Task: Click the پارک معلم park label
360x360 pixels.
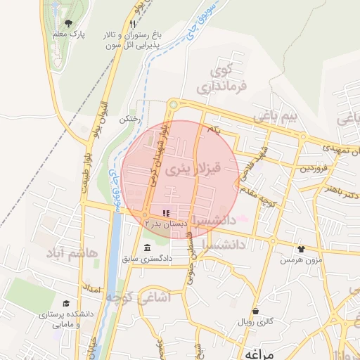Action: pos(68,34)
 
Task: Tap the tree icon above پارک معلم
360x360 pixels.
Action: pos(68,22)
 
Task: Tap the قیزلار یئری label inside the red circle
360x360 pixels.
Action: pos(198,169)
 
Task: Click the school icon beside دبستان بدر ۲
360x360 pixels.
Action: pos(167,212)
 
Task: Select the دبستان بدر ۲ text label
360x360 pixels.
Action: pos(166,223)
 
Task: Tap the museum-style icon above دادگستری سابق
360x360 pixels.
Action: pos(146,247)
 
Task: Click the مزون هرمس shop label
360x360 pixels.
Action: pos(296,259)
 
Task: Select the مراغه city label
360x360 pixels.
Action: pos(254,352)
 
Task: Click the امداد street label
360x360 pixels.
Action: pos(92,289)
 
